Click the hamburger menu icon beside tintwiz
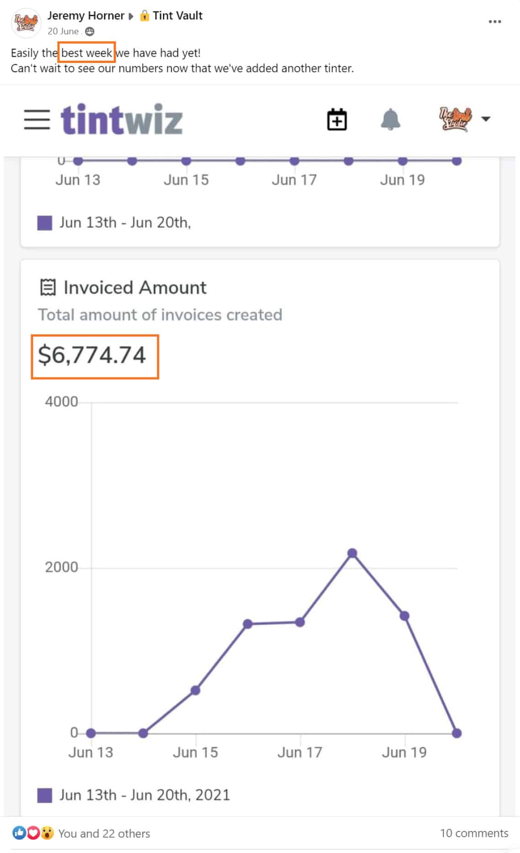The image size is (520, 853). coord(37,120)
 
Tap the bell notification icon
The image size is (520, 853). coord(390,120)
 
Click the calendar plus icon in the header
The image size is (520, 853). coord(337,120)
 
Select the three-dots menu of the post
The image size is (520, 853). coord(494,21)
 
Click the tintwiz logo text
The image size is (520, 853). coord(122,120)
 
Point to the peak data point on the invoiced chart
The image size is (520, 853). coord(352,553)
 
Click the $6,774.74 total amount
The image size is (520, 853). coord(92,355)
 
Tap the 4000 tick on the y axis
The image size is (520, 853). coord(61,402)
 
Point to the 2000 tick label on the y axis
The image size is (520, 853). coord(61,567)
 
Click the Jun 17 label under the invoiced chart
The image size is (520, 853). coord(300,752)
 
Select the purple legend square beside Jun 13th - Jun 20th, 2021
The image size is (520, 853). coord(44,795)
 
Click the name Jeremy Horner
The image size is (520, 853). coord(85,16)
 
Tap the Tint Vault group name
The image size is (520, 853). coord(177,16)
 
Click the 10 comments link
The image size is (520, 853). coord(474,833)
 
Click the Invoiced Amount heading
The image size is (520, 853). coord(135,288)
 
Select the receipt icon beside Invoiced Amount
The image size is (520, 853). coord(48,288)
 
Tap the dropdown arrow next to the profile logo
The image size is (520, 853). coord(486,119)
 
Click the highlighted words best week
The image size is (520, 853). coord(86,53)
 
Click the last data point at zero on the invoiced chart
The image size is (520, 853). coord(456,733)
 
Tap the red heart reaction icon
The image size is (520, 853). coord(33,833)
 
